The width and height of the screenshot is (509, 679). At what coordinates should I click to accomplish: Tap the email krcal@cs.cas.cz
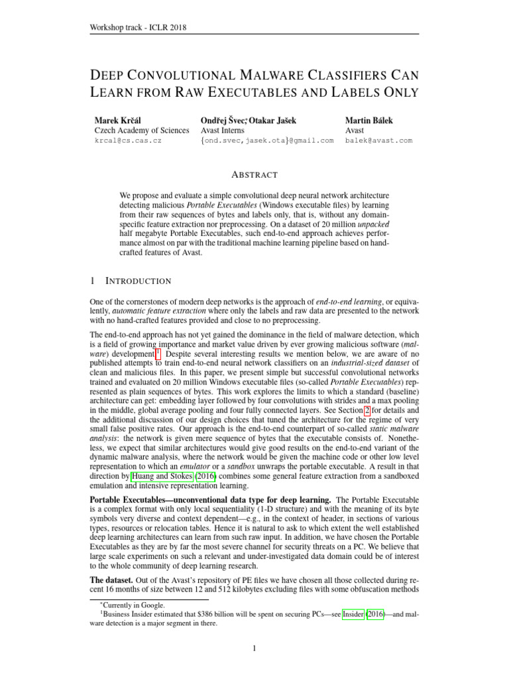(129, 141)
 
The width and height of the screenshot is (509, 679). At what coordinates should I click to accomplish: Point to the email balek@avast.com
(378, 141)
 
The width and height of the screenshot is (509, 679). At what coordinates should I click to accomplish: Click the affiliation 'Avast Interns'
(225, 131)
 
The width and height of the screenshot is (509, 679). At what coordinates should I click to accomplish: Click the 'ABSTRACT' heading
(254, 175)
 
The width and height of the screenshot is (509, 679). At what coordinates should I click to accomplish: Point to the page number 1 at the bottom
(254, 648)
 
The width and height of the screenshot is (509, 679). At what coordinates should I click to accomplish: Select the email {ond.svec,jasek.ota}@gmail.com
(266, 141)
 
